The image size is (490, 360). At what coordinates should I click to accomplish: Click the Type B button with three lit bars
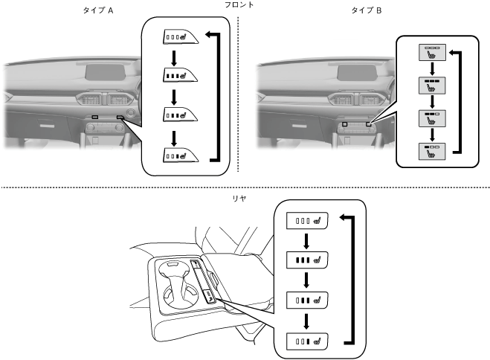431,84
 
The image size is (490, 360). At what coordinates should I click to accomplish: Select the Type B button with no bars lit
431,51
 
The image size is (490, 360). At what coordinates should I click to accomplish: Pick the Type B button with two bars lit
431,118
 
